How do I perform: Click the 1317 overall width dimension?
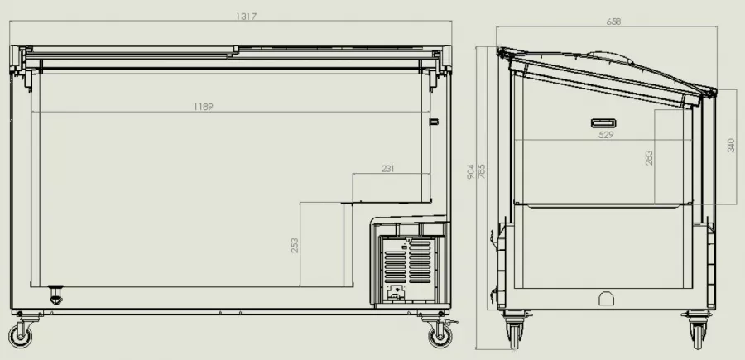tap(246, 17)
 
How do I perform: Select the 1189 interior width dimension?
tap(204, 107)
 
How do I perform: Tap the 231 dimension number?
tap(387, 169)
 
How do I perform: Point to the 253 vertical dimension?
tap(295, 246)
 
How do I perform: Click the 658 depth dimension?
tap(613, 22)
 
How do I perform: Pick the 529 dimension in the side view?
tap(606, 135)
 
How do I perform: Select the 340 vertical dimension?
tap(731, 146)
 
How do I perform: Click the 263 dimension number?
tap(649, 158)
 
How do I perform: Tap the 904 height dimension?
tap(471, 171)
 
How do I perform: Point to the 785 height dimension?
tap(481, 171)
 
